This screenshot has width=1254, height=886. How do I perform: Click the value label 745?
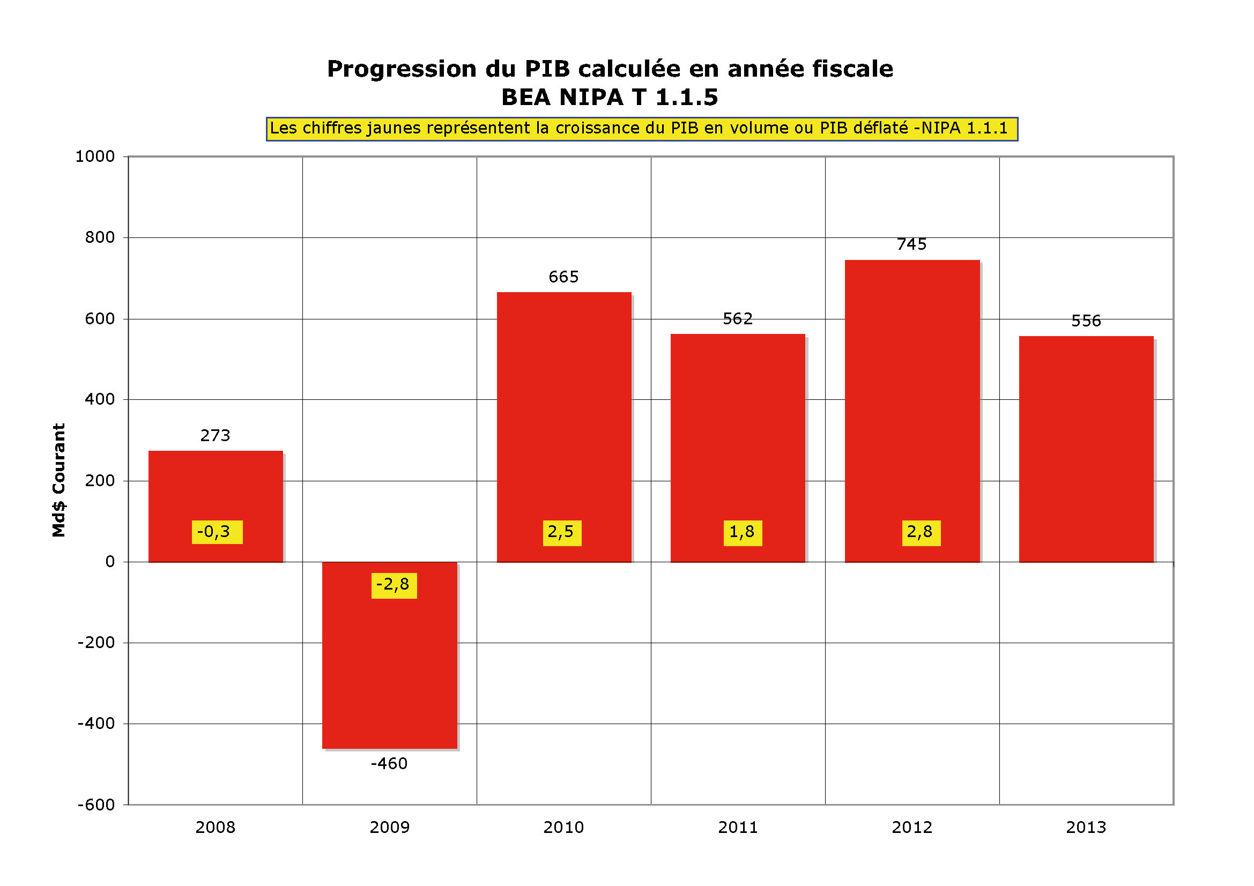[x=911, y=244]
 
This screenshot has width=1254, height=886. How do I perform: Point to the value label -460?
[x=389, y=763]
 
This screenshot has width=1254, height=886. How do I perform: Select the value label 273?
[x=215, y=435]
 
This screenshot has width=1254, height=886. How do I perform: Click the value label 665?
[x=563, y=277]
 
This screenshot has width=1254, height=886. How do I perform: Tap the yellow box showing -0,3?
[x=217, y=532]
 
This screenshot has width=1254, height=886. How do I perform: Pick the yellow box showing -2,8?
[x=394, y=585]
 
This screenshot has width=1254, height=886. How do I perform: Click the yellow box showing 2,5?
[x=561, y=532]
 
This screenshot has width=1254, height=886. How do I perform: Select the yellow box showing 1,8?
[x=742, y=532]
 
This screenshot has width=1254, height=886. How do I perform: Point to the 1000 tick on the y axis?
[x=95, y=157]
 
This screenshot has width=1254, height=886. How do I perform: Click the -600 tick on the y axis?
[x=96, y=805]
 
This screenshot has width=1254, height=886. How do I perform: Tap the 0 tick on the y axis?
[x=110, y=562]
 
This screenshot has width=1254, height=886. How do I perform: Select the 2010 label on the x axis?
[x=563, y=828]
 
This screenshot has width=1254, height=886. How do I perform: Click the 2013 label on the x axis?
[x=1086, y=828]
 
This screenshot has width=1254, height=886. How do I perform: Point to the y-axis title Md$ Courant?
[x=59, y=480]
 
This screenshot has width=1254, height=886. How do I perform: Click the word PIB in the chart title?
[x=547, y=69]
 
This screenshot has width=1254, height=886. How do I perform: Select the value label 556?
[x=1086, y=321]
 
